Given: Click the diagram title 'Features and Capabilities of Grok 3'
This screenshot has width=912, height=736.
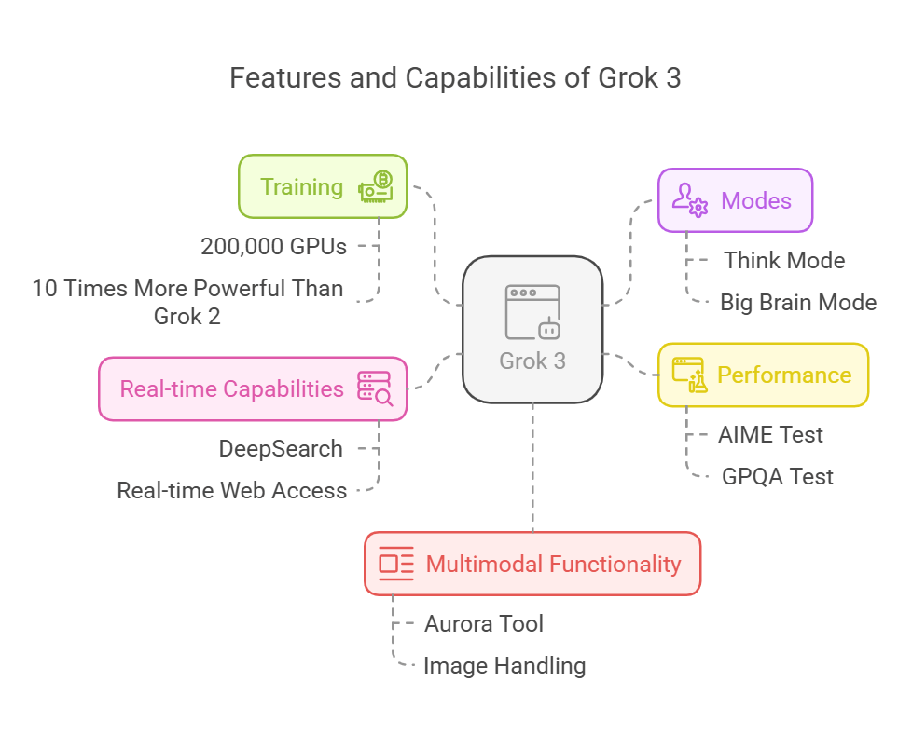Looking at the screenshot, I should pyautogui.click(x=455, y=78).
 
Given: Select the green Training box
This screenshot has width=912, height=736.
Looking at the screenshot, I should pyautogui.click(x=323, y=186).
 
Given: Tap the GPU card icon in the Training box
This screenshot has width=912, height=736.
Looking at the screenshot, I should pyautogui.click(x=377, y=186).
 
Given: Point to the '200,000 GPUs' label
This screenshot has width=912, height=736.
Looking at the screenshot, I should pyautogui.click(x=273, y=247).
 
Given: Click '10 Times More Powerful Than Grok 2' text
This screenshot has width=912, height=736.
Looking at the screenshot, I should pyautogui.click(x=187, y=302).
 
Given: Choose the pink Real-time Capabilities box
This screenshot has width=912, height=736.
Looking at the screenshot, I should pyautogui.click(x=253, y=388).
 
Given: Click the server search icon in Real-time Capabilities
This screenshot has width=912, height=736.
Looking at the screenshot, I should pyautogui.click(x=375, y=388).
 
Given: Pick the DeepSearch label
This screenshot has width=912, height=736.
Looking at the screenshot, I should pyautogui.click(x=281, y=448).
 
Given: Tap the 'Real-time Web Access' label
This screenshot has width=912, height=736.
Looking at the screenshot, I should pyautogui.click(x=231, y=490).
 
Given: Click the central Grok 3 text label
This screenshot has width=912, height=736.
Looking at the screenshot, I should pyautogui.click(x=532, y=361).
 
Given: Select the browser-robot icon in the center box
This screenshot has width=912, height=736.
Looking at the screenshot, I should pyautogui.click(x=532, y=312).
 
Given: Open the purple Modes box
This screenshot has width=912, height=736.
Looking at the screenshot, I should pyautogui.click(x=735, y=200).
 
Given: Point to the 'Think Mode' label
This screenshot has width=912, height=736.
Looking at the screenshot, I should pyautogui.click(x=784, y=260).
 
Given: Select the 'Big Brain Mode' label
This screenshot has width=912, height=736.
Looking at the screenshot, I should pyautogui.click(x=798, y=302).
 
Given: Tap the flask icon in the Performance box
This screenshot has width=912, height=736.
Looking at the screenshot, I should pyautogui.click(x=691, y=375).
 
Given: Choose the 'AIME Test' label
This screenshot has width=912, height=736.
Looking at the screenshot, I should pyautogui.click(x=770, y=434).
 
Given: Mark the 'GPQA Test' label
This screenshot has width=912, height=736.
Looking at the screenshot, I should pyautogui.click(x=778, y=476).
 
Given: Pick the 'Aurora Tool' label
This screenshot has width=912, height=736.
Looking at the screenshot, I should pyautogui.click(x=483, y=623).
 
